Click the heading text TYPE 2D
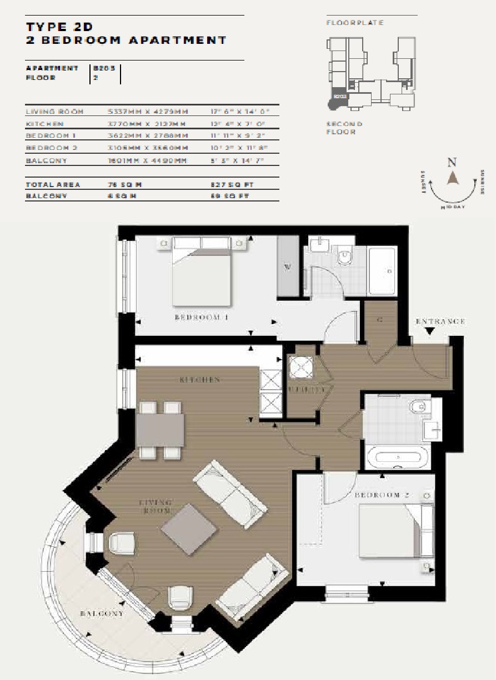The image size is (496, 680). point(59,27)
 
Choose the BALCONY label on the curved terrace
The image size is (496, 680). point(102,613)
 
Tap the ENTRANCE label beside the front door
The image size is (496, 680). point(440,321)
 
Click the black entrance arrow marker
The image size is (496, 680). point(429,332)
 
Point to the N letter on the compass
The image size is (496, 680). point(452,163)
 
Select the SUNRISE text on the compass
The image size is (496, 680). point(483,182)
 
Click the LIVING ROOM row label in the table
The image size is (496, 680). point(54,112)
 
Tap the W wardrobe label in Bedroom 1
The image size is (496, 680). point(287,267)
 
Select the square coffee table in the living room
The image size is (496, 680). point(189,528)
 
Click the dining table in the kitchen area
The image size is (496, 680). point(160,430)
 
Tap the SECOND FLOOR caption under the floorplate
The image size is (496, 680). point(344,128)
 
